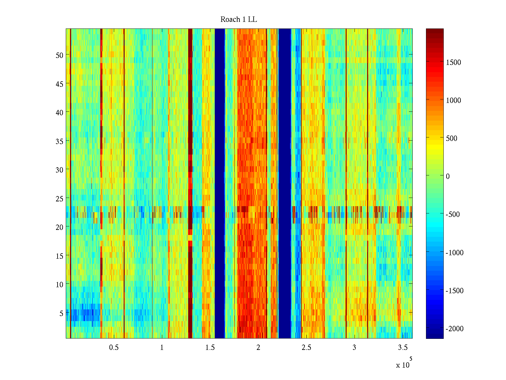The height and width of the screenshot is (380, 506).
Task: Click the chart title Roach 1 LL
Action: [x=238, y=20]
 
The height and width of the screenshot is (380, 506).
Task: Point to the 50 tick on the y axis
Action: [x=59, y=55]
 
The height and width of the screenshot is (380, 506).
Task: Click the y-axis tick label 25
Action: [x=59, y=199]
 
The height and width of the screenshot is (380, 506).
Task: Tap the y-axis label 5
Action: [x=61, y=313]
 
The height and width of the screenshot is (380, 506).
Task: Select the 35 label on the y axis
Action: [x=59, y=141]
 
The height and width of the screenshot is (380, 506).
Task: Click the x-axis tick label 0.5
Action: [x=114, y=348]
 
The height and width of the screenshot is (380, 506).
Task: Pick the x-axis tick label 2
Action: [x=258, y=348]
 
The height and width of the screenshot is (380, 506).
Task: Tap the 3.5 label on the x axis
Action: [x=403, y=348]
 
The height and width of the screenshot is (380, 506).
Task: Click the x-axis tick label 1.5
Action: [x=210, y=348]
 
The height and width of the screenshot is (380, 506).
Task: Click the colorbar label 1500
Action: [x=454, y=62]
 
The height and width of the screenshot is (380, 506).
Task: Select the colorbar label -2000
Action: [x=454, y=329]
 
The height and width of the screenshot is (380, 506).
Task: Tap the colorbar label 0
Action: [x=447, y=176]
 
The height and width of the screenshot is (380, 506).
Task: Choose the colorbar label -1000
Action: [x=454, y=253]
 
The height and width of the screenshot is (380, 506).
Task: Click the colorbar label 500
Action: [x=452, y=138]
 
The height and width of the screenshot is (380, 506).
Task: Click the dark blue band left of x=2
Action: [x=220, y=184]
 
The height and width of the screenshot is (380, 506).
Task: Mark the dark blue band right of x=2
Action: [x=285, y=184]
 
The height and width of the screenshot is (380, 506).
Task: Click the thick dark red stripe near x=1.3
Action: [x=190, y=127]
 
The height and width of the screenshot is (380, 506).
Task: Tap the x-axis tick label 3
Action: [x=354, y=348]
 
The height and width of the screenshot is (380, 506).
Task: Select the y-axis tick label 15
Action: [x=59, y=256]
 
